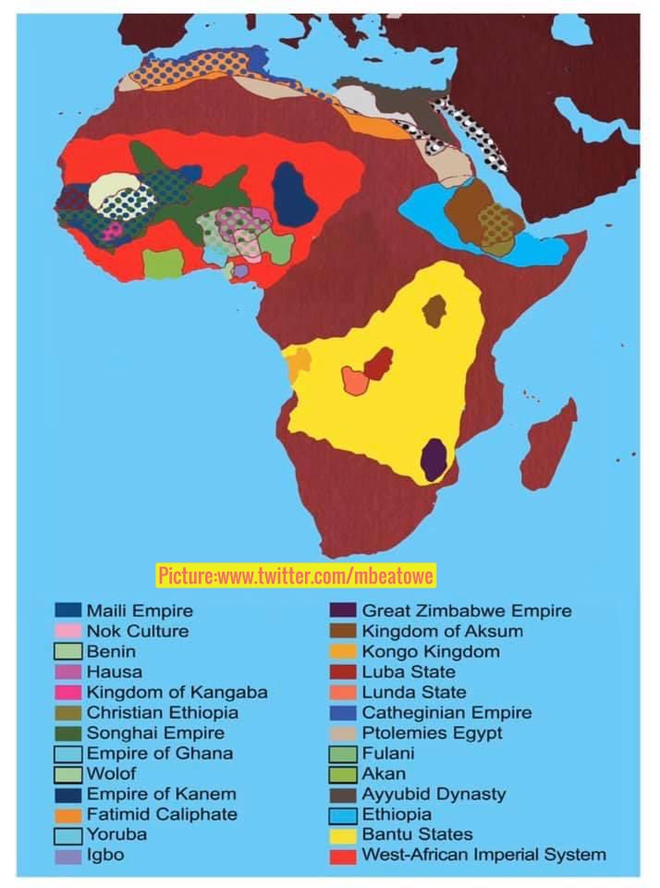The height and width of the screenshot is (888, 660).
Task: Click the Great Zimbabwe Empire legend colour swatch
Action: tap(344, 610)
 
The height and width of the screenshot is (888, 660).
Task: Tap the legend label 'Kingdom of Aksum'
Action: tap(442, 631)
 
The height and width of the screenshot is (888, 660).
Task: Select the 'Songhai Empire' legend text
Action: tap(155, 733)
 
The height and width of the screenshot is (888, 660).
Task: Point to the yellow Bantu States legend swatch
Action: tap(344, 834)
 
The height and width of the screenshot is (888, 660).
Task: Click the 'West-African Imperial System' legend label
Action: tap(483, 855)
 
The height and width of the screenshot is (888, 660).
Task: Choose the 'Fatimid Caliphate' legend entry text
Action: tap(162, 814)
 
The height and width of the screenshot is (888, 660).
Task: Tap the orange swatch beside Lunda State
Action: tap(344, 692)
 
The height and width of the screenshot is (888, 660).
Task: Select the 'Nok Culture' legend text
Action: tap(137, 631)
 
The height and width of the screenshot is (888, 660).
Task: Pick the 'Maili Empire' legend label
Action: tap(140, 610)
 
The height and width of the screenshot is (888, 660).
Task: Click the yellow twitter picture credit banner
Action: tap(296, 576)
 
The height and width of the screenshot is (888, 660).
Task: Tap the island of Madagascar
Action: tap(549, 442)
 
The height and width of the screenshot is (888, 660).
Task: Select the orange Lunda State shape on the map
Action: tap(355, 380)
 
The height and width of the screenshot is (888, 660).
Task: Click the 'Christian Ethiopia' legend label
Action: tap(162, 712)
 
